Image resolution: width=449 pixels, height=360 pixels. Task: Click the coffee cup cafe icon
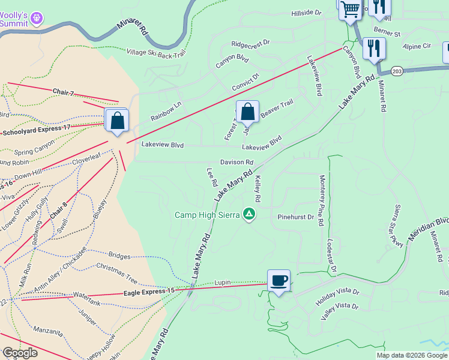tap(279, 281)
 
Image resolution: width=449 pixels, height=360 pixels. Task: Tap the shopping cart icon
tap(349, 8)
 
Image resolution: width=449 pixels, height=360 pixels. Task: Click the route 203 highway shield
tap(396, 71)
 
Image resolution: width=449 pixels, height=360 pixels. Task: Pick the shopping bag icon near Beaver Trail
tap(247, 112)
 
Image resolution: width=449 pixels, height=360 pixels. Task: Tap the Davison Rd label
tap(237, 163)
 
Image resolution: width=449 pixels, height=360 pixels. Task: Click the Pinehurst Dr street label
tap(296, 217)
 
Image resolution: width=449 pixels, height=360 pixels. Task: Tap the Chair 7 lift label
tap(62, 92)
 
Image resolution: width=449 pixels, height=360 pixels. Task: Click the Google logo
tap(20, 353)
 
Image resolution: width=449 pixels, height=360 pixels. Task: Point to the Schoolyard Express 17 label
tap(37, 130)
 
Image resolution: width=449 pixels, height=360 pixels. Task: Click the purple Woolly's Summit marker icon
tap(37, 18)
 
